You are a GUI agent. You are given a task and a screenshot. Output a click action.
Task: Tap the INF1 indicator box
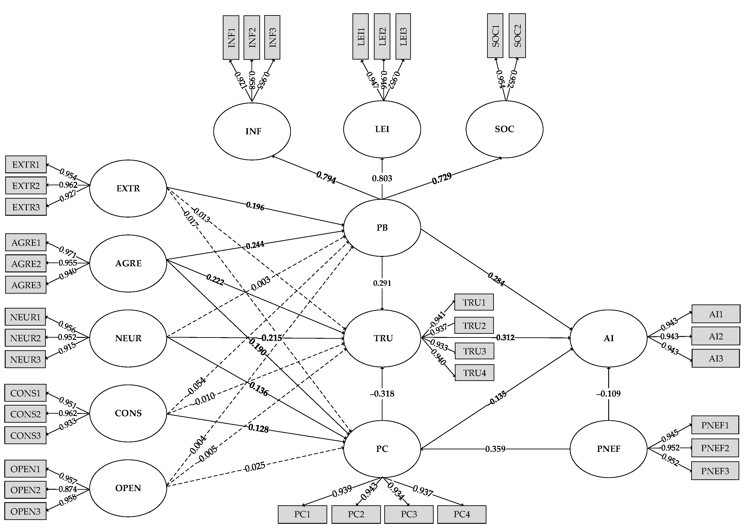[231, 37]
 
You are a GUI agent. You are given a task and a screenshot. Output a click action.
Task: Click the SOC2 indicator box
[517, 35]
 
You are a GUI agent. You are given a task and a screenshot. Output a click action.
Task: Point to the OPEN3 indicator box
[25, 511]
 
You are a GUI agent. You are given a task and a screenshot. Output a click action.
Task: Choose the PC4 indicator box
[462, 514]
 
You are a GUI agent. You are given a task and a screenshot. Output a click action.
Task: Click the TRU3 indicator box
[474, 351]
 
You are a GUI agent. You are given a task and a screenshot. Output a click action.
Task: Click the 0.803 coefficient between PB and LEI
[382, 178]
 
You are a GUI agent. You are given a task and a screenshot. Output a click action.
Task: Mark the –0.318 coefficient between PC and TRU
[382, 394]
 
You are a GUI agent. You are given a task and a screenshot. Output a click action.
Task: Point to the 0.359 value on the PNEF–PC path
[495, 449]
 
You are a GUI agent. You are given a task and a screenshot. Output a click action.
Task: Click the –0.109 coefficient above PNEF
[608, 394]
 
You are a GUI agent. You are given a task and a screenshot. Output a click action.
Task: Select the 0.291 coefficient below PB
[382, 283]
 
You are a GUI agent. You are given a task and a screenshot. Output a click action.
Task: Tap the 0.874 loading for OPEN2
[68, 489]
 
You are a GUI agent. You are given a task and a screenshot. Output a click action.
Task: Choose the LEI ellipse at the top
[382, 129]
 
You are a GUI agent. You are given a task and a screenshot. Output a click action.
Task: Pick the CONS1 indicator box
[25, 393]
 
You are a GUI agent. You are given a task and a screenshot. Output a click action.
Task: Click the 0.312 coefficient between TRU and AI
[505, 337]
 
